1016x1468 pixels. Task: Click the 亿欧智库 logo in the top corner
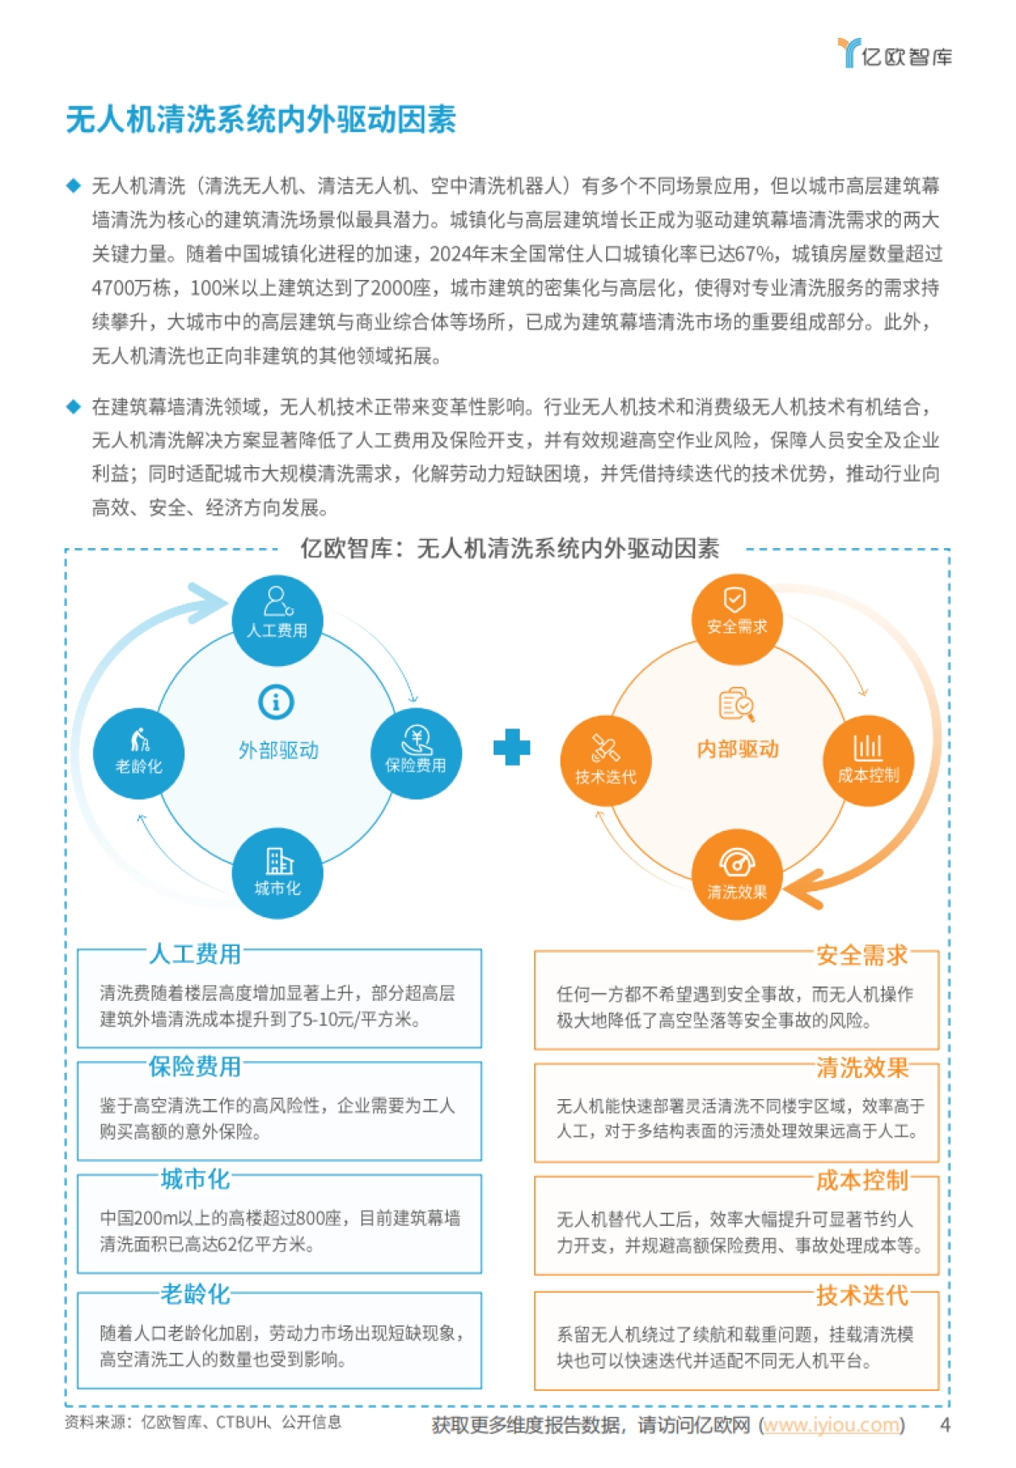(x=895, y=53)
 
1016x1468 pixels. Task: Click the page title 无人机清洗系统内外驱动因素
(x=261, y=119)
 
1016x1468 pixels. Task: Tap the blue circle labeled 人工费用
(x=277, y=620)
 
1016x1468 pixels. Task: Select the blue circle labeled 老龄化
(x=139, y=754)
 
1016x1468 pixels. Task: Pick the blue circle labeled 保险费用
(x=416, y=753)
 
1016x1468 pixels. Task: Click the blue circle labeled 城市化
(x=277, y=874)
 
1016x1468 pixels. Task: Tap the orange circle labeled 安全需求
(x=737, y=618)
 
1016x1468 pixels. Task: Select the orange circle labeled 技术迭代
(x=605, y=761)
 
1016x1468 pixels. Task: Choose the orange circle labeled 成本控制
(x=868, y=759)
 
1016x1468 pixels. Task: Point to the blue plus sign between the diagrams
(x=511, y=747)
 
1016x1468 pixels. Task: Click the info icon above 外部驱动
(x=276, y=701)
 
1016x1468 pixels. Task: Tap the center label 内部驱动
(x=737, y=749)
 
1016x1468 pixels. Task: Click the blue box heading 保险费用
(x=195, y=1066)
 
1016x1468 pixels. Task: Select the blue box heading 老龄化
(x=195, y=1294)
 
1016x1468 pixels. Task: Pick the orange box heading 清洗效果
(x=862, y=1068)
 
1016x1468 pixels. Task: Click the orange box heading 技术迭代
(x=862, y=1295)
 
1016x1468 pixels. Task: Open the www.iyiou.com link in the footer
(x=831, y=1425)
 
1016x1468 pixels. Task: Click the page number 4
(x=945, y=1425)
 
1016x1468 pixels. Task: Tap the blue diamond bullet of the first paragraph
(x=74, y=186)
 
